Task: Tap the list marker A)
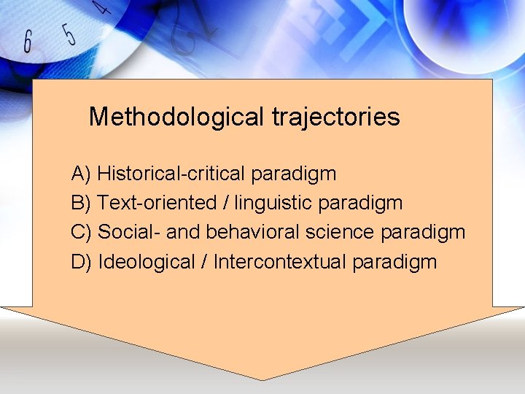click(81, 174)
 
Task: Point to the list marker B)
click(81, 203)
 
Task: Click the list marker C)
click(81, 232)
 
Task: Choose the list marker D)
click(81, 261)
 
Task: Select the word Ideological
click(145, 261)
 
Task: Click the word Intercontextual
click(280, 261)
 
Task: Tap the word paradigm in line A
click(294, 174)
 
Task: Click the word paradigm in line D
click(394, 262)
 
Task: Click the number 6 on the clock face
click(28, 42)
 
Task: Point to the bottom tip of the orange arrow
click(262, 379)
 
